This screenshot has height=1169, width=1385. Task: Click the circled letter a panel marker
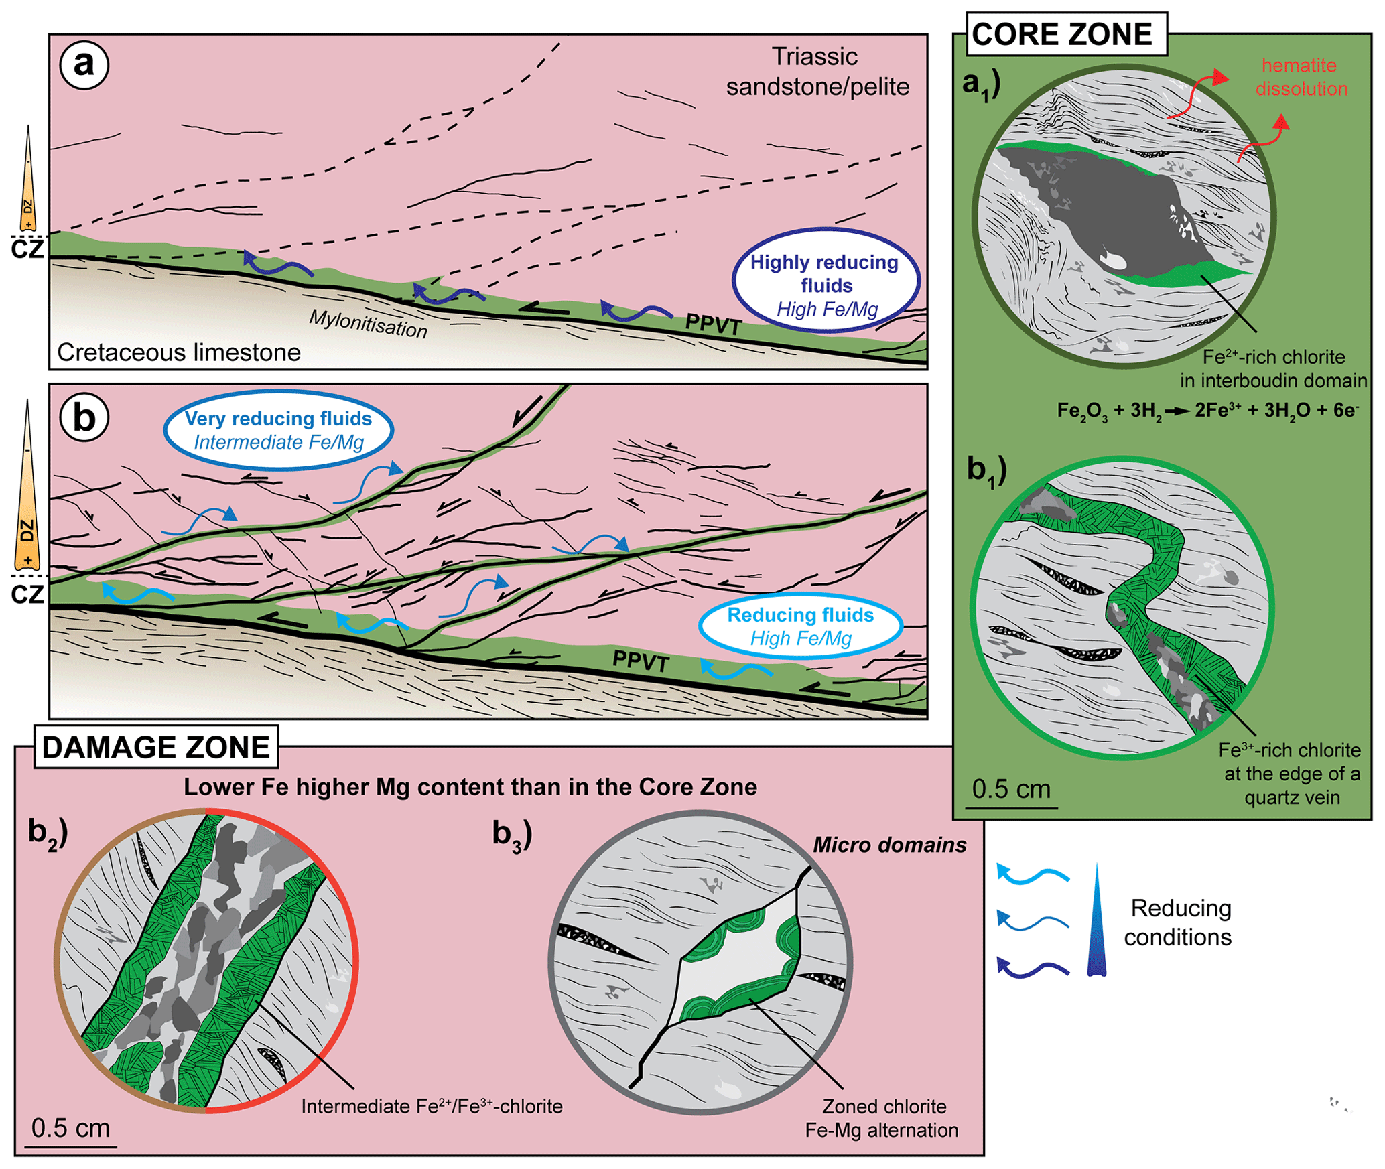pos(84,65)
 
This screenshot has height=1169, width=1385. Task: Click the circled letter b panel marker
pos(84,417)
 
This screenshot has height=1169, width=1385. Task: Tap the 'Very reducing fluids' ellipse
pos(278,429)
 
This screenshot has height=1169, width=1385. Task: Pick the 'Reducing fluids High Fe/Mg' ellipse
pos(800,626)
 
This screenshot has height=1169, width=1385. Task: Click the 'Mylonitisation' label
pos(368,324)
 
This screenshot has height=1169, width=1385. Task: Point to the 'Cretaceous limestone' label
pos(179,352)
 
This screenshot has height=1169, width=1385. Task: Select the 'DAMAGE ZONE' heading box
pos(155,747)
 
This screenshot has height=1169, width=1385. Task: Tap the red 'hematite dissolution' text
pos(1300,77)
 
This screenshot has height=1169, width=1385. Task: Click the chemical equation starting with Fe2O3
pos(1206,410)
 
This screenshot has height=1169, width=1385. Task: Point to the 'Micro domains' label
pos(889,845)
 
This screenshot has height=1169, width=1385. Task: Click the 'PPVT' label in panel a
pos(713,324)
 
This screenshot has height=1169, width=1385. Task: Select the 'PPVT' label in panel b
pos(641,661)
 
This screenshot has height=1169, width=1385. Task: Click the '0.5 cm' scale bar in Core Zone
pos(1011,790)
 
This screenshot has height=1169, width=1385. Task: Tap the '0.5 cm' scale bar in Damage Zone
pos(71,1129)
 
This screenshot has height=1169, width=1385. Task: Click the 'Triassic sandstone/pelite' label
pos(817,72)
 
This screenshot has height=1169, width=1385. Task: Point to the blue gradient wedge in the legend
pos(1096,921)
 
